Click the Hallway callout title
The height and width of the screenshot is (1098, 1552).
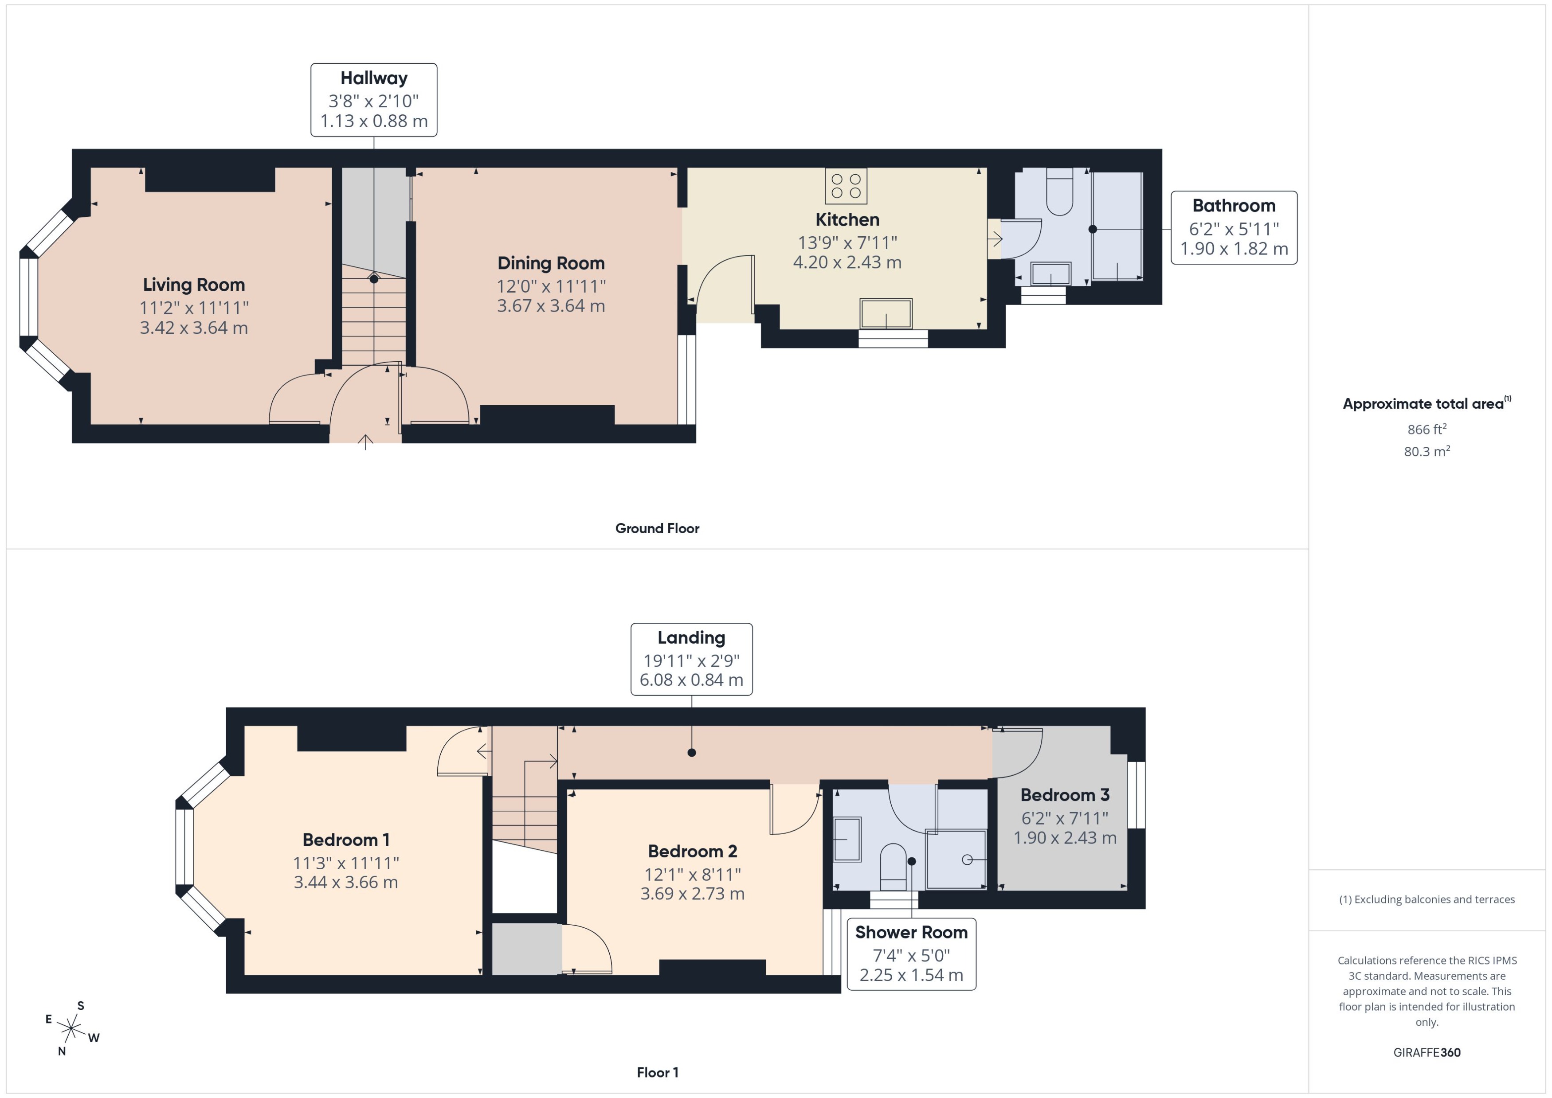click(x=373, y=78)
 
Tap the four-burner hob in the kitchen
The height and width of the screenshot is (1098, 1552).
click(x=845, y=186)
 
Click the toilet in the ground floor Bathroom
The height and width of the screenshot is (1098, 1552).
click(x=1059, y=193)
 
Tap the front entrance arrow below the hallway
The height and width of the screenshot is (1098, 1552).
click(x=365, y=442)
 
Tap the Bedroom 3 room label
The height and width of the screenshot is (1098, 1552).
click(x=1064, y=795)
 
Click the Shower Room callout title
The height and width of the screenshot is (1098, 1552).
click(x=910, y=932)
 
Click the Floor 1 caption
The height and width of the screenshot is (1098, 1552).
click(x=657, y=1072)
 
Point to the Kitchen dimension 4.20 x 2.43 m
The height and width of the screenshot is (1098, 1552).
click(x=847, y=262)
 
